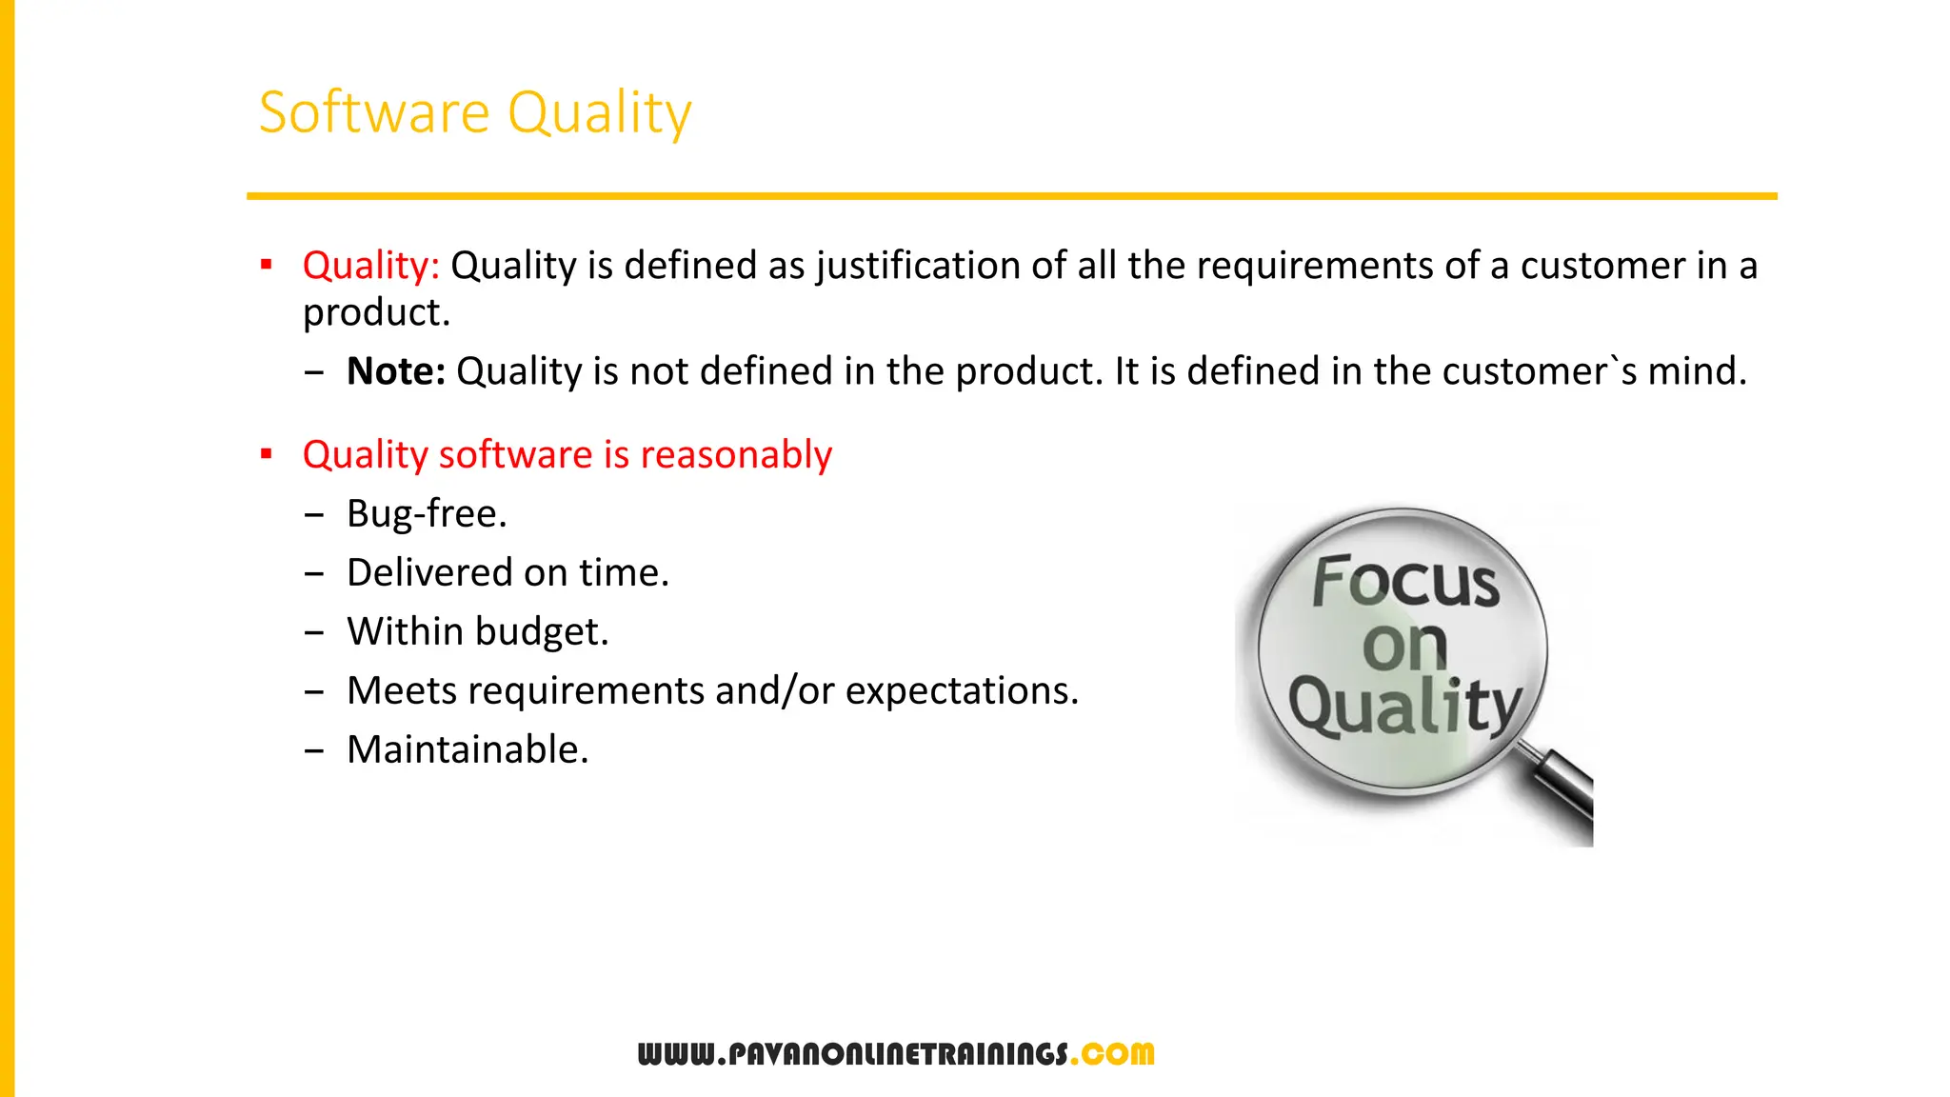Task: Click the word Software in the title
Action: click(x=374, y=112)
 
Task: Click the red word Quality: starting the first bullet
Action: click(x=370, y=266)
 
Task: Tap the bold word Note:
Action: click(x=395, y=371)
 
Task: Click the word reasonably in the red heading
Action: click(x=736, y=455)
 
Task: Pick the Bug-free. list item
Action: click(x=427, y=514)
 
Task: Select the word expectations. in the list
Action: click(x=962, y=691)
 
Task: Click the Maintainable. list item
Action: click(x=468, y=750)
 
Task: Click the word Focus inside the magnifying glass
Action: click(x=1405, y=582)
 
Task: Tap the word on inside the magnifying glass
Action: click(x=1404, y=648)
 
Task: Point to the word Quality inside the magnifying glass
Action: click(x=1404, y=707)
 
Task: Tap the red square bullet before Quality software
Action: click(x=267, y=454)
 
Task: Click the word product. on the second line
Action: click(x=376, y=313)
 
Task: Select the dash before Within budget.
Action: click(x=314, y=633)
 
